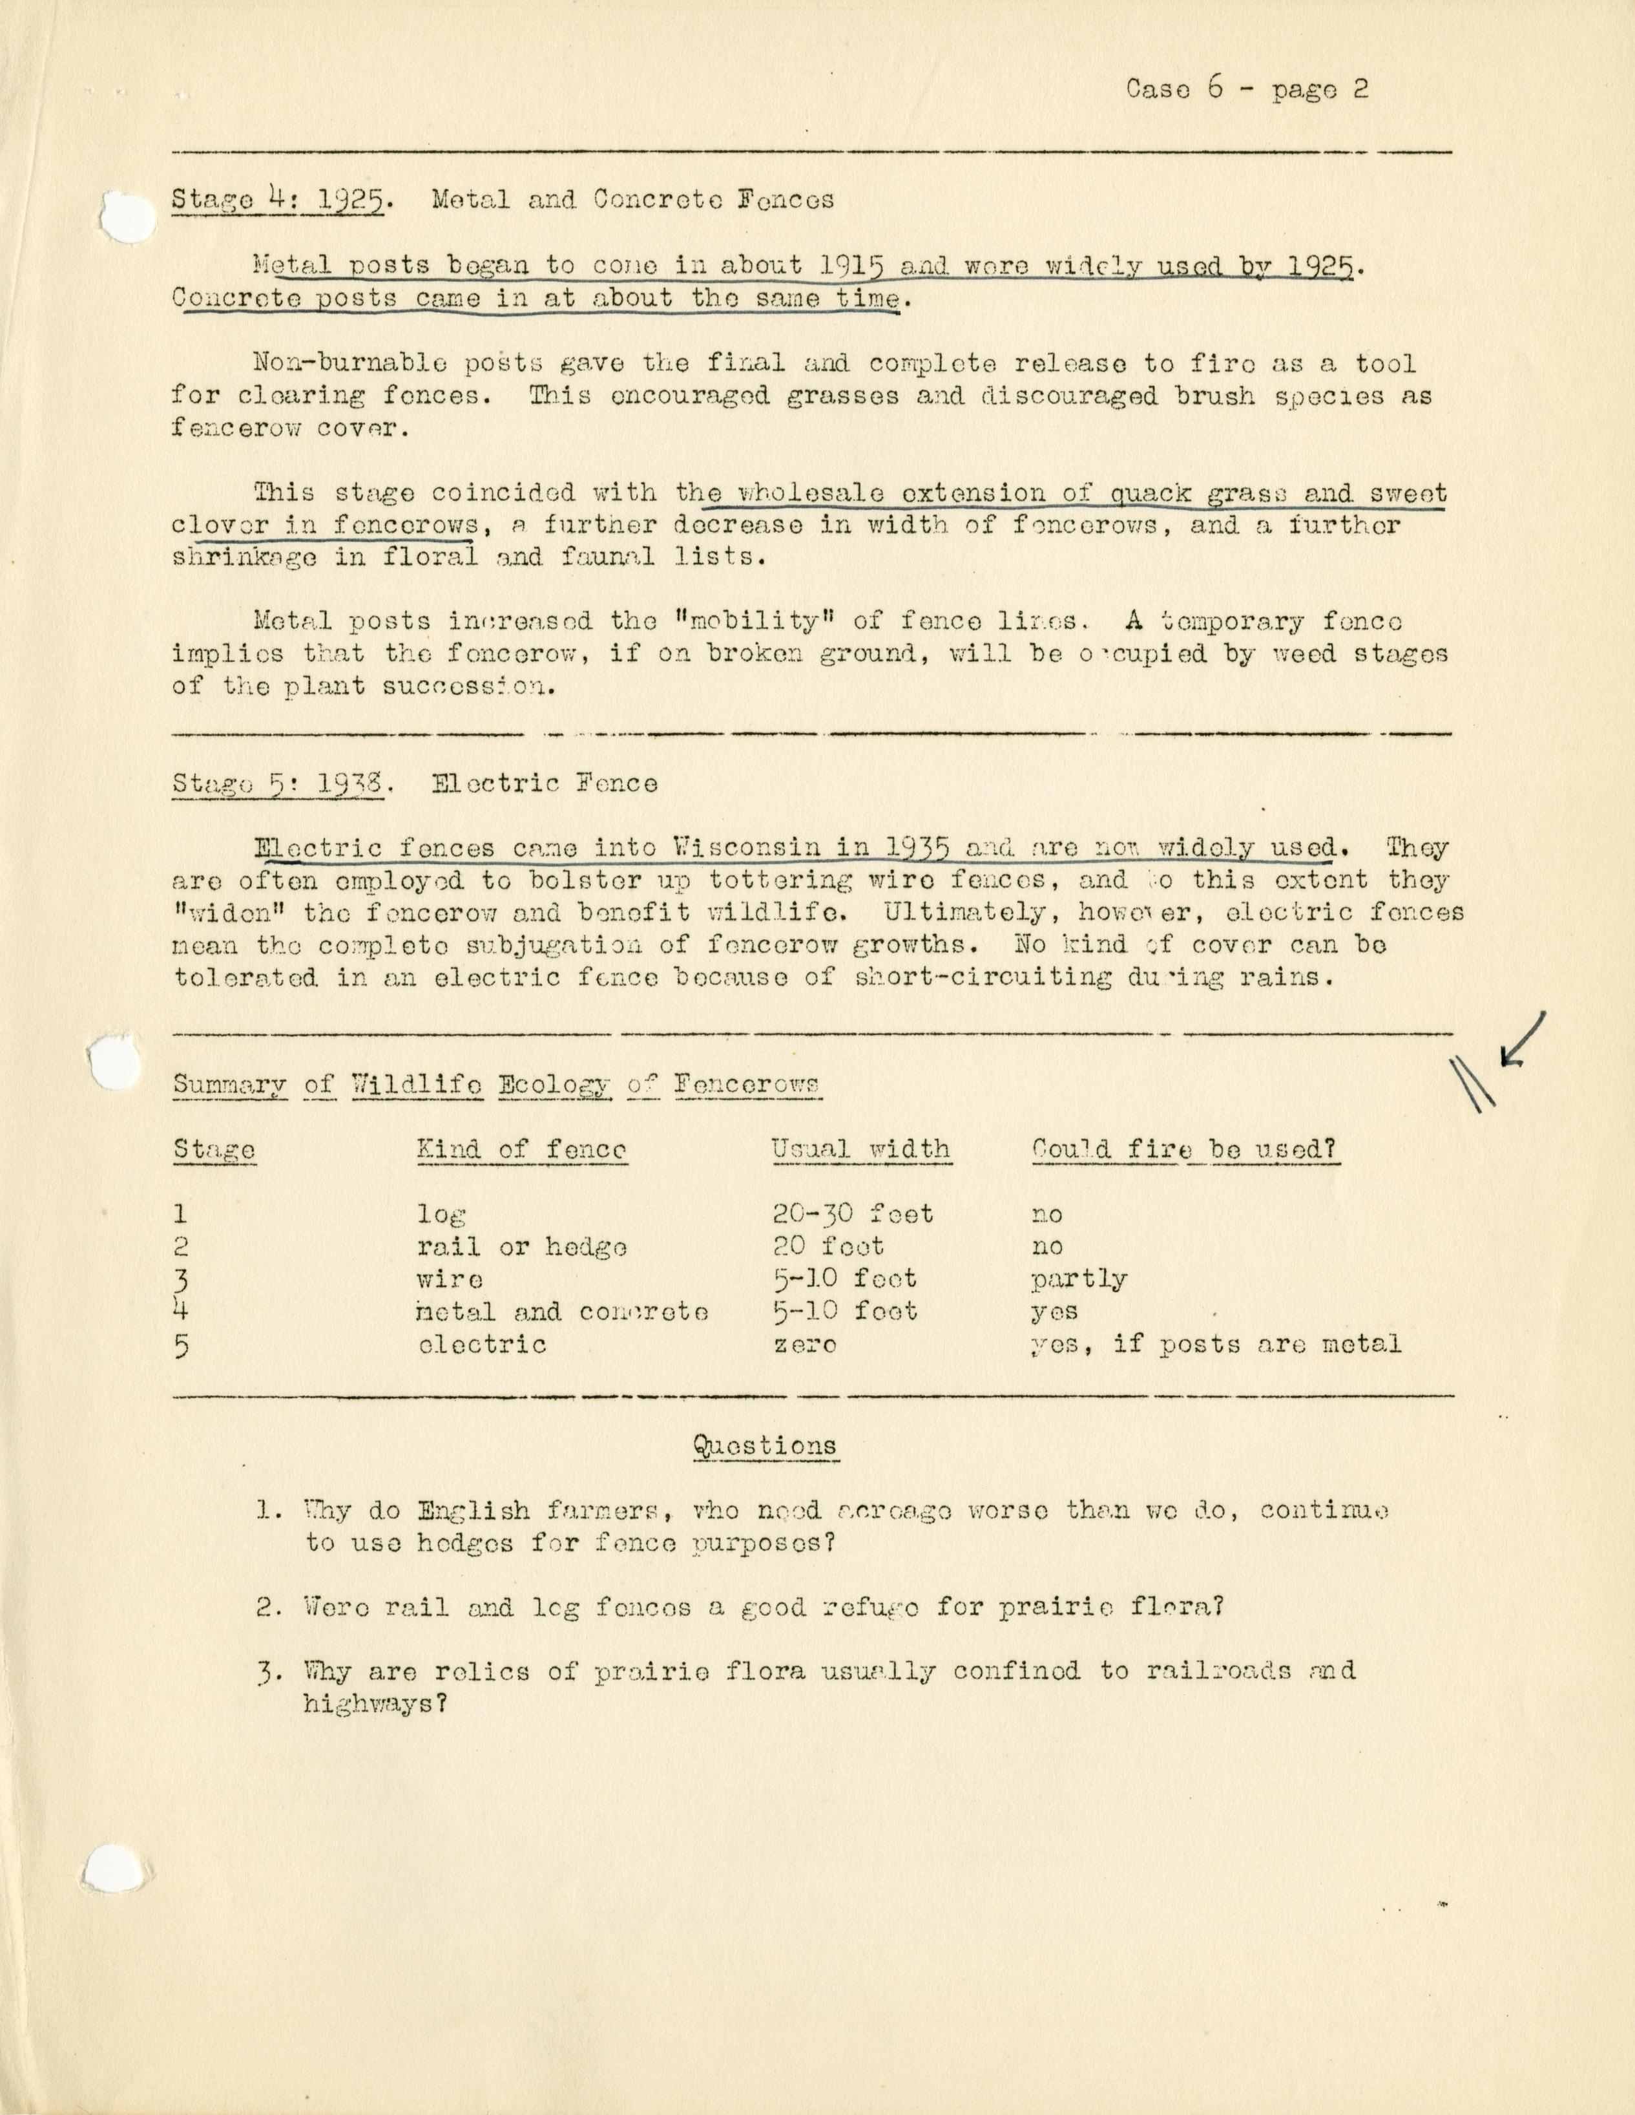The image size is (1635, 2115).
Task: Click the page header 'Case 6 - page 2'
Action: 1247,90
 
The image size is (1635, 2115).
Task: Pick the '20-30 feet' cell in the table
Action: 853,1215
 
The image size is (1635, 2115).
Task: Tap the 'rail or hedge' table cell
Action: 522,1248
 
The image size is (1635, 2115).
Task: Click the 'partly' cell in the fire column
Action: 1078,1281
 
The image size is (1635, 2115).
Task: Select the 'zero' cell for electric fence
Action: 804,1345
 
